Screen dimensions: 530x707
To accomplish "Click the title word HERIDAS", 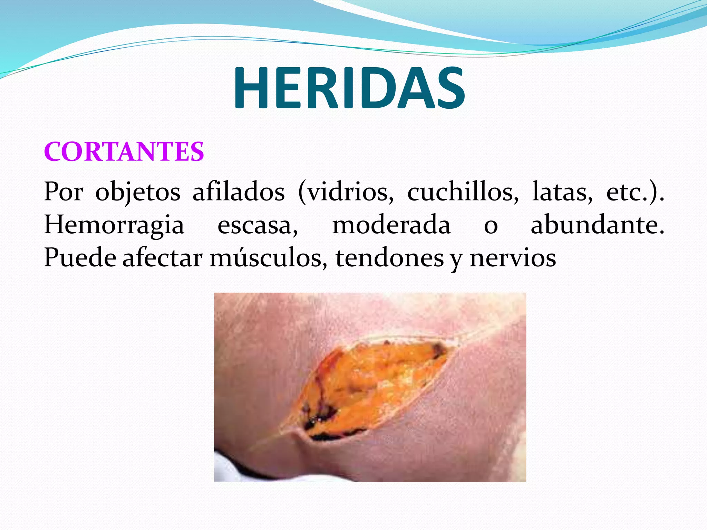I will (x=349, y=88).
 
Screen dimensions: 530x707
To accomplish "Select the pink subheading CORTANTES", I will (x=124, y=151).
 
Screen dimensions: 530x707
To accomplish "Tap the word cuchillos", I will (x=463, y=192).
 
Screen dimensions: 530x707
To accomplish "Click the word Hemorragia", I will (x=114, y=225).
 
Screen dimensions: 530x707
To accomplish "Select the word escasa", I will (x=257, y=225).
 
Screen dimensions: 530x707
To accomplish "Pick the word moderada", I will (x=391, y=225).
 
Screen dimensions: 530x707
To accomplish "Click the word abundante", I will (x=597, y=225).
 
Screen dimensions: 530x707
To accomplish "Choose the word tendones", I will (x=389, y=258).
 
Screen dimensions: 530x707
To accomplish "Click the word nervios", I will (x=513, y=258).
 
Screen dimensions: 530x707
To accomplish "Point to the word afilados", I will (x=239, y=192).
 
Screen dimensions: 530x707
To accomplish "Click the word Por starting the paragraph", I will (x=64, y=192).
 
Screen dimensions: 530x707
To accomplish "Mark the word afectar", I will (x=162, y=258).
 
